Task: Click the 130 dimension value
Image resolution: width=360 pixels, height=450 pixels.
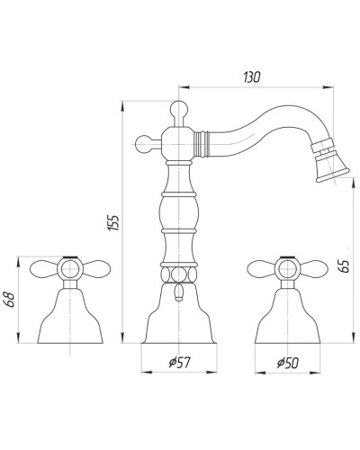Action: pos(252,77)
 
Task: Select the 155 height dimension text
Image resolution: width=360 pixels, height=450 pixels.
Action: pos(113,222)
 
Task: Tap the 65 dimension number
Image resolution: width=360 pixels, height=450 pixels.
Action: pos(346,265)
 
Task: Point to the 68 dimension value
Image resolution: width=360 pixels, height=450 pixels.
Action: pos(11,299)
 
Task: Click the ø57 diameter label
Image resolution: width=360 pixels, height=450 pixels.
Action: pos(179,363)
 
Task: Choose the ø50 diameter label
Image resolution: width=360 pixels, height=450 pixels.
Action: pos(288,364)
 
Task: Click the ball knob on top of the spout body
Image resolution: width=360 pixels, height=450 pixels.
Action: pos(179,109)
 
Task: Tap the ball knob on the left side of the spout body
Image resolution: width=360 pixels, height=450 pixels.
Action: pos(143,144)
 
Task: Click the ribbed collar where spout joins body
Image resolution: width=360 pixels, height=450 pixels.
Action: pos(201,144)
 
